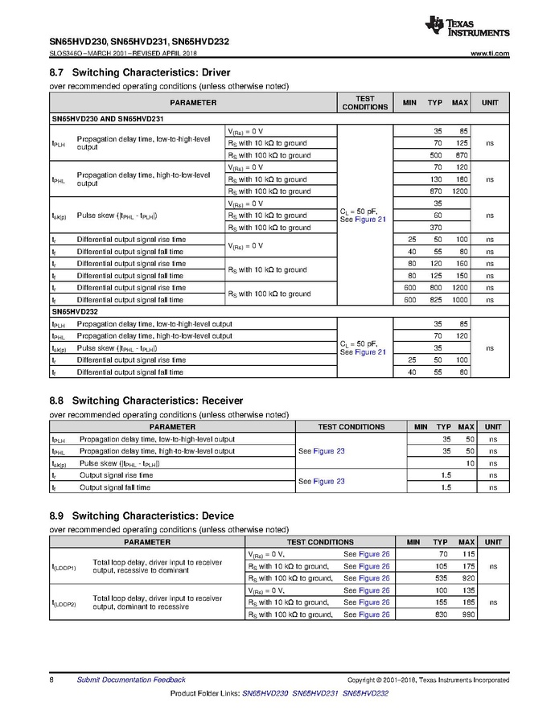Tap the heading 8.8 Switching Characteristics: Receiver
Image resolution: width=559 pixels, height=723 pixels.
[146, 401]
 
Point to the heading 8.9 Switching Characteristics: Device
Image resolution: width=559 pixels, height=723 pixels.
[142, 516]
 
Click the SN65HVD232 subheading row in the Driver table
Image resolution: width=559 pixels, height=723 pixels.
[74, 310]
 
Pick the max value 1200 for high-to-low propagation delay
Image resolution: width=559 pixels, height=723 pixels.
[459, 191]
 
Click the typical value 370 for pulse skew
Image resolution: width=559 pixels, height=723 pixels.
[437, 228]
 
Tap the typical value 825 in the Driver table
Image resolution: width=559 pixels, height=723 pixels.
[437, 300]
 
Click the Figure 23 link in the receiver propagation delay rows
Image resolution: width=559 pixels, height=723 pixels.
[329, 451]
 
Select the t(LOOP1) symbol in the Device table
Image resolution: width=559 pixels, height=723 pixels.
[64, 566]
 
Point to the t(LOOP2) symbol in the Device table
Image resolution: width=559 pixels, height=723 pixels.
[64, 602]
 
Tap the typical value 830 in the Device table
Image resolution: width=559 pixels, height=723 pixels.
[441, 614]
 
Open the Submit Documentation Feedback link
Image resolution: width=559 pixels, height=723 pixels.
[130, 680]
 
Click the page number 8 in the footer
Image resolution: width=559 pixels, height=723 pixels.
[51, 680]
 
